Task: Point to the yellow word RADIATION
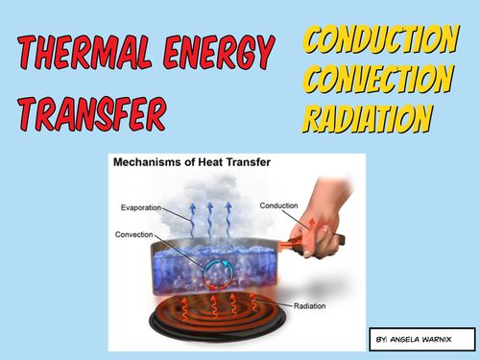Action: [x=368, y=118]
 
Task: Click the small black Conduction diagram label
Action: [x=280, y=204]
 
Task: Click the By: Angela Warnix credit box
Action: [x=421, y=340]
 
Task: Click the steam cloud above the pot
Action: [x=202, y=216]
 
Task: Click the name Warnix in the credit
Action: [x=448, y=340]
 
